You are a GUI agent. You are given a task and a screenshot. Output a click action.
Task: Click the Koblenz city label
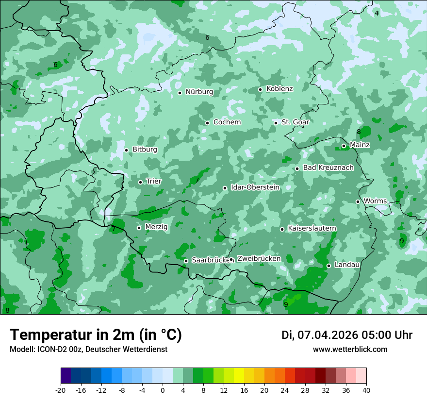tap(279, 89)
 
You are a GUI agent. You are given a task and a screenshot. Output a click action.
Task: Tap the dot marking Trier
tap(141, 182)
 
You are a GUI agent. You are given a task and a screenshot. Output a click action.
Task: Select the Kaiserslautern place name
tap(312, 228)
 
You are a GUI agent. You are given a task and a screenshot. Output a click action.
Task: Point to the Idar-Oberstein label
tap(255, 187)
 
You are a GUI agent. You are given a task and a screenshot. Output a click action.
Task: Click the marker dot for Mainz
tap(344, 146)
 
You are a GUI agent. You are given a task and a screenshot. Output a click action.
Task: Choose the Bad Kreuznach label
tap(328, 168)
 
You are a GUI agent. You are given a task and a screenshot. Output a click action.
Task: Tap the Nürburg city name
tap(199, 92)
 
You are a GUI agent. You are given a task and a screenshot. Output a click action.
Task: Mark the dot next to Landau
tap(328, 266)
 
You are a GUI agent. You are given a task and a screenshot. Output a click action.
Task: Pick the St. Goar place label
tap(295, 122)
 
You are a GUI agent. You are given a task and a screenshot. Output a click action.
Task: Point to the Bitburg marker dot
tap(126, 150)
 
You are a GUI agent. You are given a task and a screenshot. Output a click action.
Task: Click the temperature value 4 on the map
tap(377, 13)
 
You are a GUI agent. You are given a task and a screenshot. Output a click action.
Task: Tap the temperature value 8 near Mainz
tap(359, 132)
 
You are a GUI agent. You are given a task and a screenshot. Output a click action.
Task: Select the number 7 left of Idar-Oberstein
tap(197, 180)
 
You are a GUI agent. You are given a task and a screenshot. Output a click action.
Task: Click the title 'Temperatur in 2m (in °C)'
tap(96, 335)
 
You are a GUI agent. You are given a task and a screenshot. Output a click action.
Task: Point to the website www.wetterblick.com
tap(350, 350)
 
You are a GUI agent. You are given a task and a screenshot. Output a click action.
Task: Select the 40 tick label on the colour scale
tap(366, 390)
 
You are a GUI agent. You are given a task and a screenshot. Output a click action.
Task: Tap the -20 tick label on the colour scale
tap(60, 390)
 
